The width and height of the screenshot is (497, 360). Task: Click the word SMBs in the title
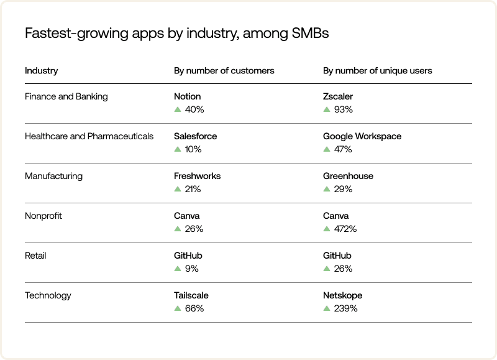[x=310, y=34]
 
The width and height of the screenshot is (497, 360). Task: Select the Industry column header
[x=41, y=70]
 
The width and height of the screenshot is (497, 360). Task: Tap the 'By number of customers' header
[x=224, y=70]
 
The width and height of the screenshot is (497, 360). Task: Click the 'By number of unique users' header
[x=377, y=70]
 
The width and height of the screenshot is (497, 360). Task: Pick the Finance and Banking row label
[x=66, y=96]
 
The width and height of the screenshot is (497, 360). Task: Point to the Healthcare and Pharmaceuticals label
[x=89, y=136]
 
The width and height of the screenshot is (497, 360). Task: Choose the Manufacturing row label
[x=53, y=176]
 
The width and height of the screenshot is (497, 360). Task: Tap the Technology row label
[x=48, y=295]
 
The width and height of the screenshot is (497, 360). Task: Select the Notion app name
[x=187, y=96]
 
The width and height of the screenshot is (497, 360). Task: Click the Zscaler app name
[x=338, y=96]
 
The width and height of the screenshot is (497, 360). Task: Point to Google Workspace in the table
[x=362, y=136]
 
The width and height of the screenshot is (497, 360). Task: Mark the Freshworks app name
[x=197, y=176]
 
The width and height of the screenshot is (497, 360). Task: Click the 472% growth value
[x=345, y=229]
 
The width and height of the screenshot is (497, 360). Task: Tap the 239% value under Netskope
[x=345, y=308]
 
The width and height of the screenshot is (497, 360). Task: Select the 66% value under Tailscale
[x=194, y=308]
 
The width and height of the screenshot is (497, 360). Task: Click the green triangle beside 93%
[x=327, y=109]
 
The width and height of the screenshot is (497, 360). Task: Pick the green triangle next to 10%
[x=178, y=149]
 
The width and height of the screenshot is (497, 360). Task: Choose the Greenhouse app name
[x=348, y=176]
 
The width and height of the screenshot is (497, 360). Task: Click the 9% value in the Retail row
[x=192, y=269]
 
